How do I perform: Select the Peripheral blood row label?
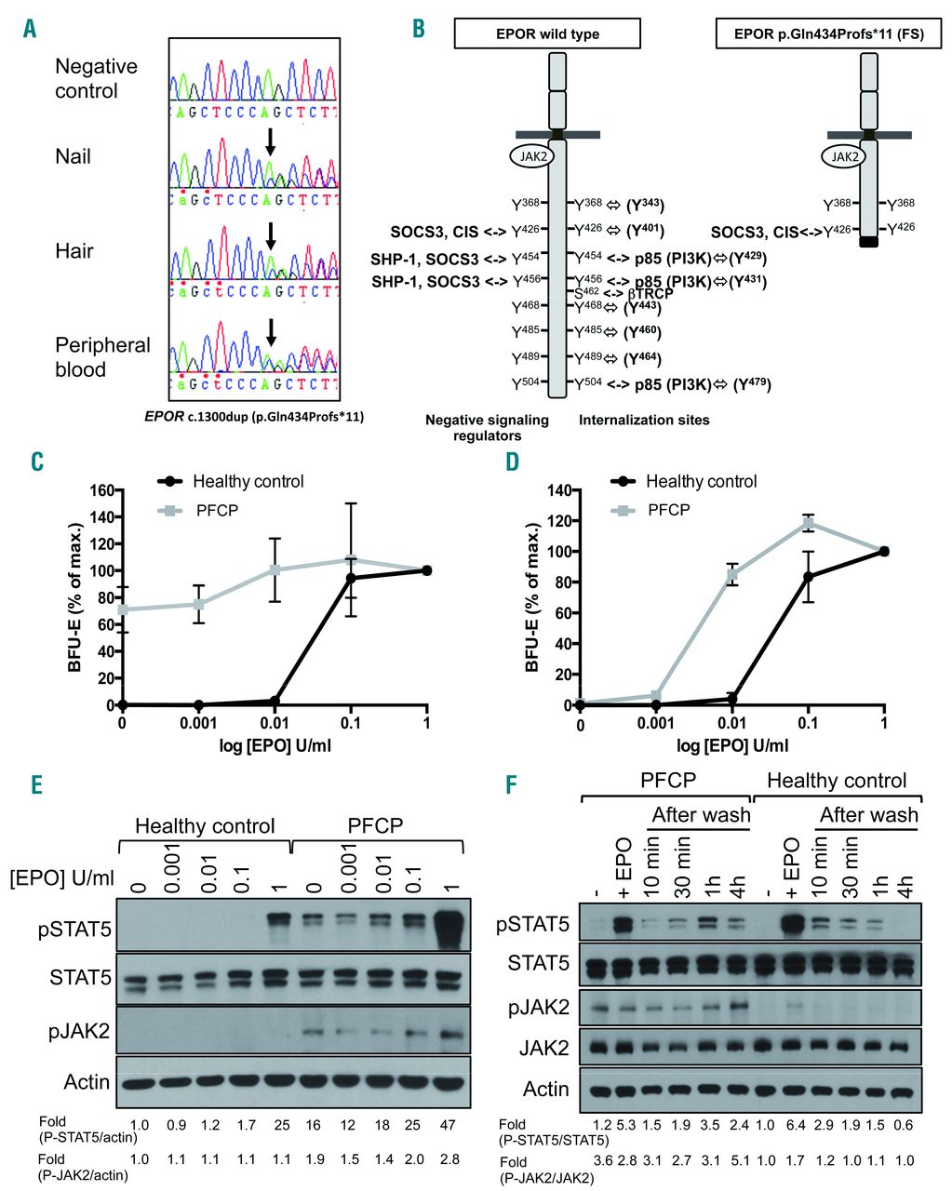[x=102, y=357]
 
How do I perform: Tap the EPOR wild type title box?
[x=547, y=34]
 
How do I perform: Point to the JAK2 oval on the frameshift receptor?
[x=845, y=156]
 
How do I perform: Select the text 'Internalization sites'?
[x=644, y=421]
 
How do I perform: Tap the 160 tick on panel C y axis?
[x=101, y=490]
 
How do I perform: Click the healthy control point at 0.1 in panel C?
[x=351, y=578]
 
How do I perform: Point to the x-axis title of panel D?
[x=731, y=747]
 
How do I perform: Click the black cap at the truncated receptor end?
[x=869, y=242]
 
